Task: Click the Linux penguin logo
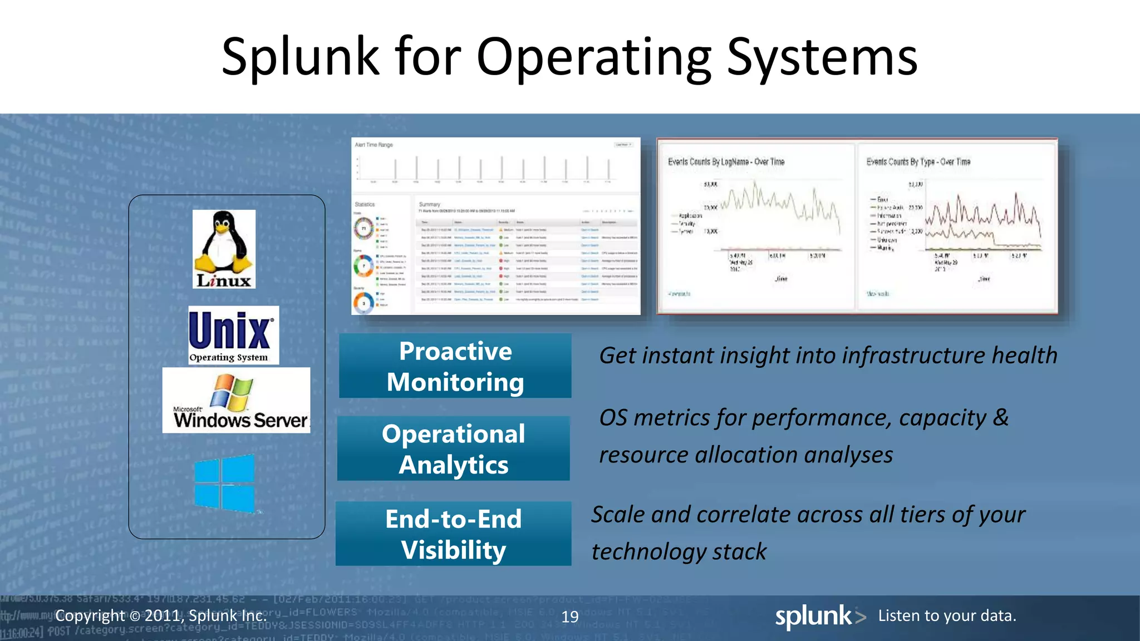coord(224,249)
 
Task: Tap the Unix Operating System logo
coord(233,335)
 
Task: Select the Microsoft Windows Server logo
coord(236,400)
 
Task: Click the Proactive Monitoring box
coord(455,366)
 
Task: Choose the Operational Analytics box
coord(453,448)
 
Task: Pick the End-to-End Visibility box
coord(453,534)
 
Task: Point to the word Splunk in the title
coord(300,57)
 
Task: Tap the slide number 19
coord(570,617)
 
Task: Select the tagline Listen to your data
coord(947,615)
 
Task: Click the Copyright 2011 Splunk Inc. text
coord(161,615)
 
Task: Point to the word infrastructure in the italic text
coord(913,356)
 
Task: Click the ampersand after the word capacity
coord(1000,417)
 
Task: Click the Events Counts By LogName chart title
coord(726,162)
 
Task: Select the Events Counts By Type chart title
coord(918,162)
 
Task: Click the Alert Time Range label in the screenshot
coord(374,145)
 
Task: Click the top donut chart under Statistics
coord(364,228)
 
